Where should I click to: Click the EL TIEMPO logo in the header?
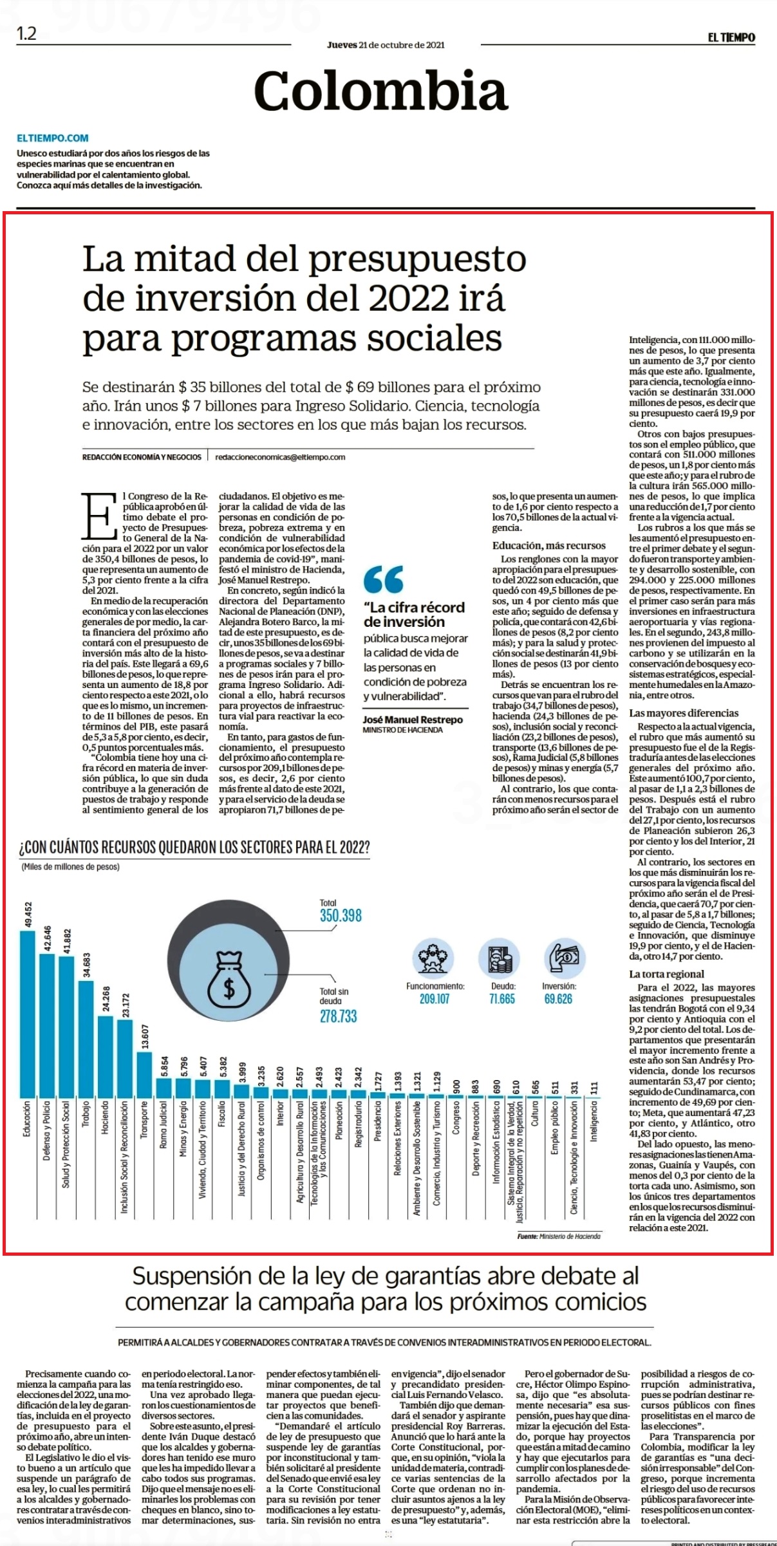(731, 38)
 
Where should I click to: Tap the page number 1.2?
(26, 33)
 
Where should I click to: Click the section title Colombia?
(381, 91)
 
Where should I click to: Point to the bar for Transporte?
(144, 1074)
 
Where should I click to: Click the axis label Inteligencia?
(594, 1121)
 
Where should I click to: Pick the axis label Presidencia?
(379, 1121)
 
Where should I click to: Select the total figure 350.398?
(341, 915)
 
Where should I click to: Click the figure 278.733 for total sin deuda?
(338, 1016)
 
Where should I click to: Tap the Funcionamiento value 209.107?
(435, 998)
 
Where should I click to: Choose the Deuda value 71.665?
(502, 998)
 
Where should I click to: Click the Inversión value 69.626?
(558, 998)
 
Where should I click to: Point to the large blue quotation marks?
(384, 579)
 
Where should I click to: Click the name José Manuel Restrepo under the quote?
(413, 720)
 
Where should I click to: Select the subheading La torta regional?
(666, 974)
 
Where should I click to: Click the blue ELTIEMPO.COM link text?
(53, 138)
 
